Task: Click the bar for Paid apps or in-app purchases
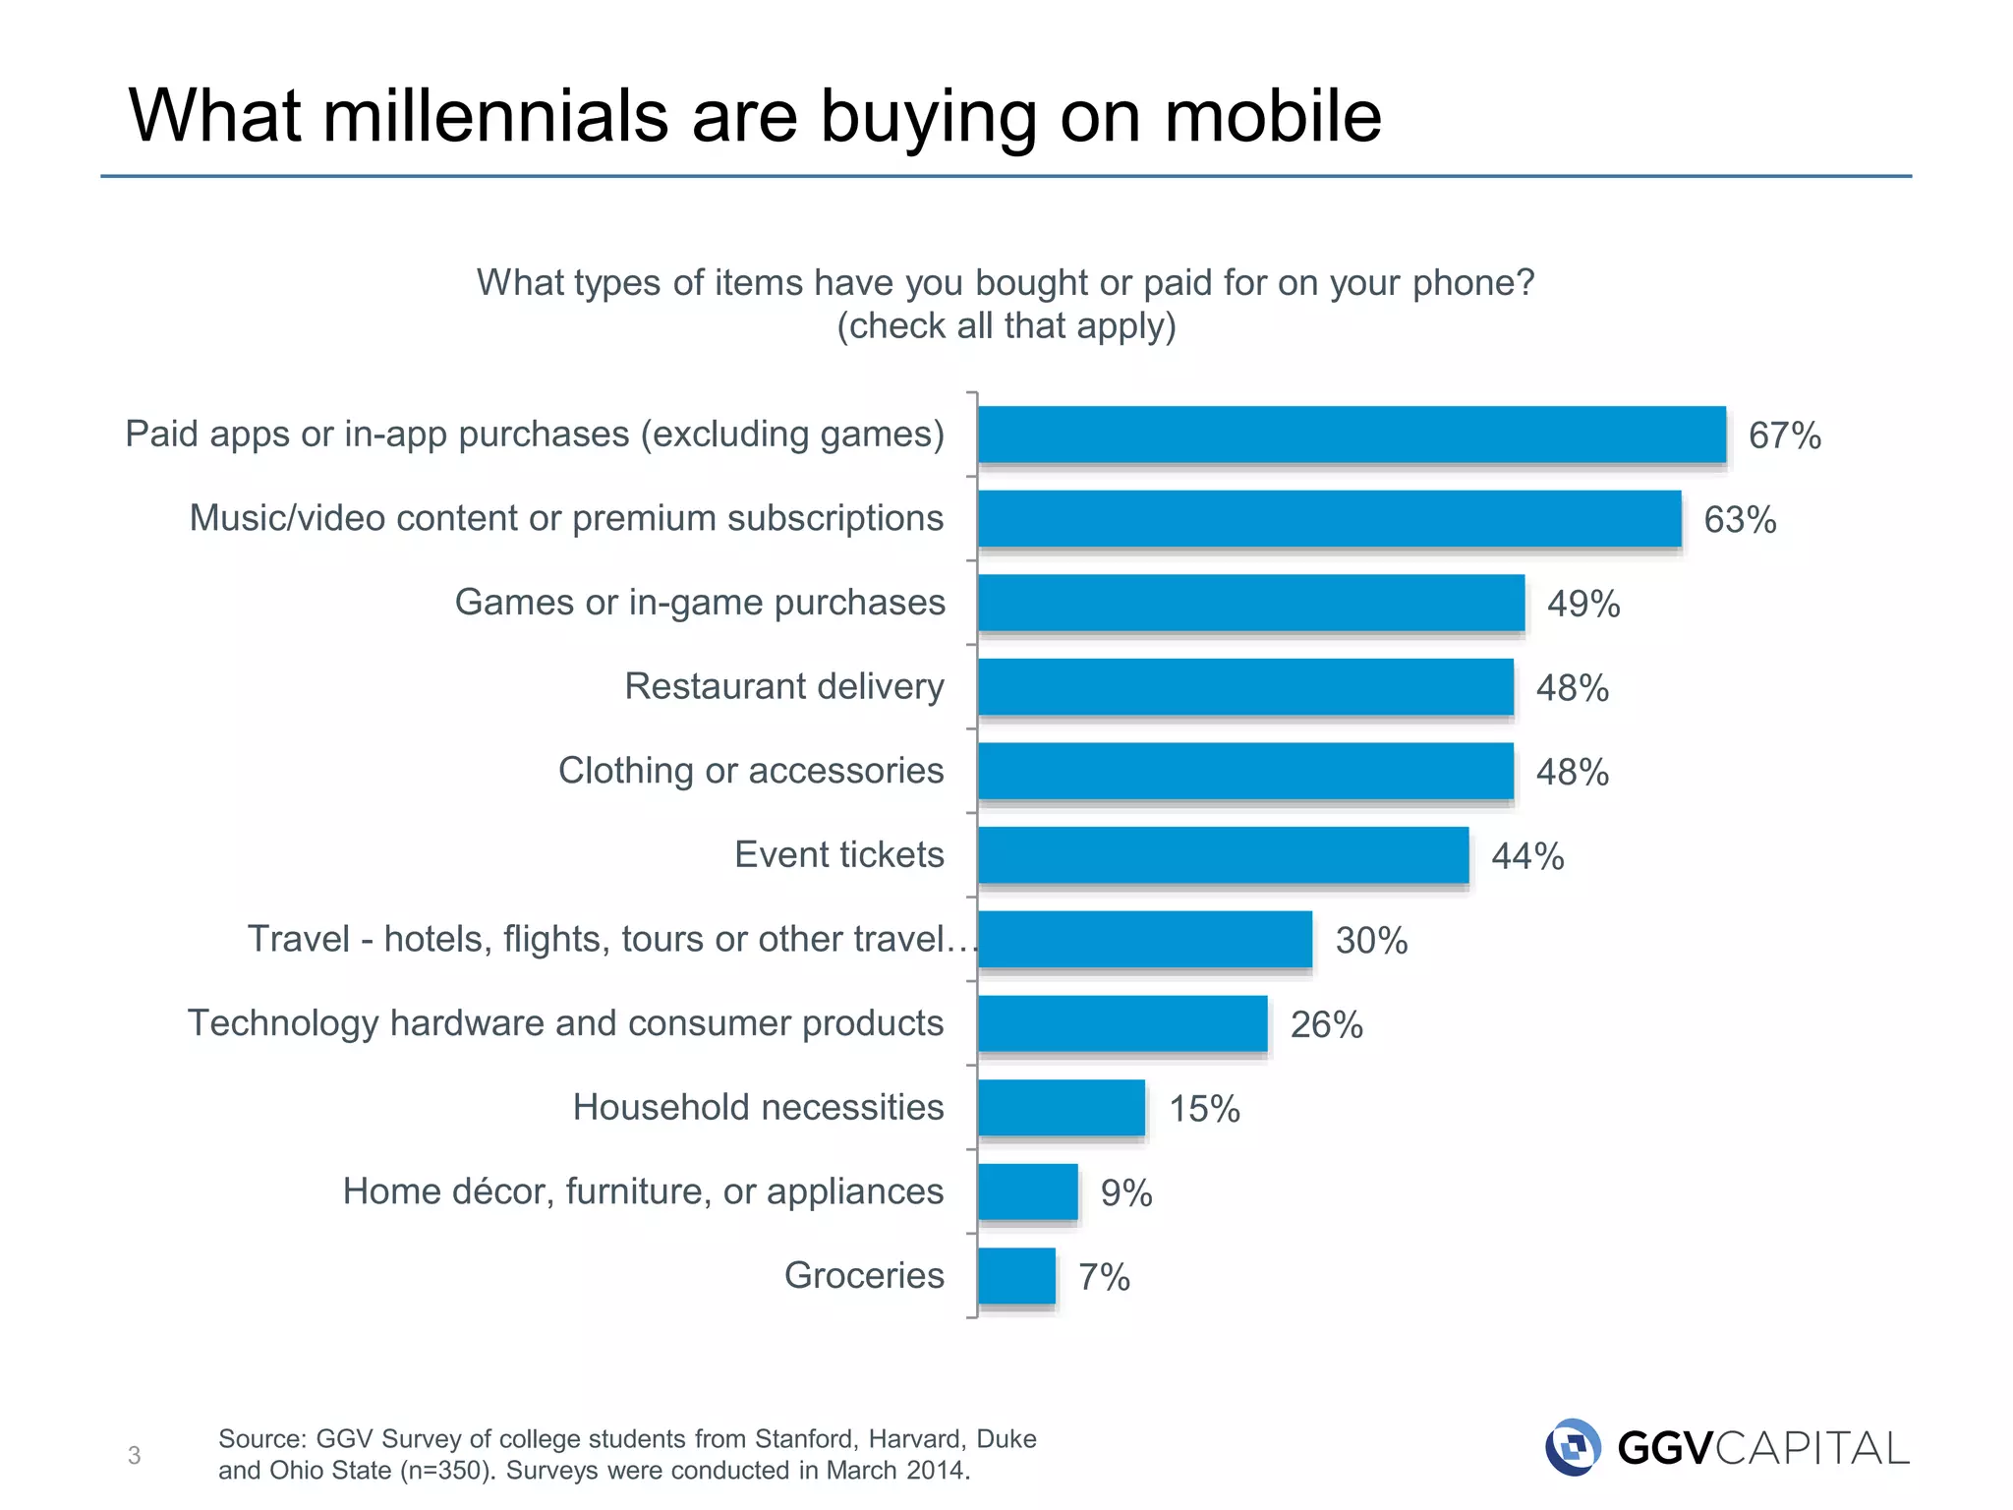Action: pos(1352,435)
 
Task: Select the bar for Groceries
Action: pos(1016,1276)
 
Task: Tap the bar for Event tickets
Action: pos(1223,855)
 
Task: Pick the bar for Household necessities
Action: pos(1062,1108)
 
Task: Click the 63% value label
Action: pos(1740,520)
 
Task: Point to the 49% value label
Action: pos(1583,604)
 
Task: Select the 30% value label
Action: pos(1371,941)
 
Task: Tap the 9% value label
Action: pos(1126,1193)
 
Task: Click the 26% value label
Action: pos(1326,1025)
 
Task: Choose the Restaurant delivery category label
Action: pos(784,686)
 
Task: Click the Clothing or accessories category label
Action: pos(751,771)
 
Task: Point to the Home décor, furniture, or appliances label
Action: pos(643,1191)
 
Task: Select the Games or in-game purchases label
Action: pos(700,603)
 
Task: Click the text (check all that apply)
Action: pos(1006,325)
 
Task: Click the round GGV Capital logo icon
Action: pos(1573,1447)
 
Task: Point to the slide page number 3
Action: pos(135,1455)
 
